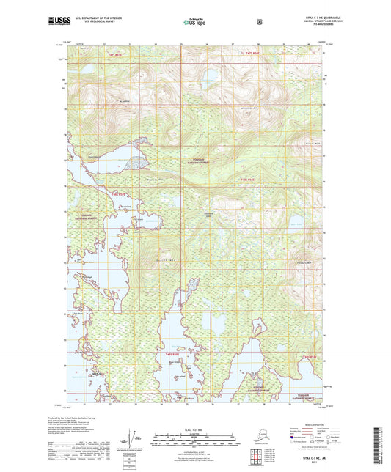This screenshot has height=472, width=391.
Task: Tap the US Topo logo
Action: tap(194, 23)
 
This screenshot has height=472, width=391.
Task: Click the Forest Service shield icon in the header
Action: tap(258, 22)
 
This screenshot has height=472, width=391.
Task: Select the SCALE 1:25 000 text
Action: tap(194, 429)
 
